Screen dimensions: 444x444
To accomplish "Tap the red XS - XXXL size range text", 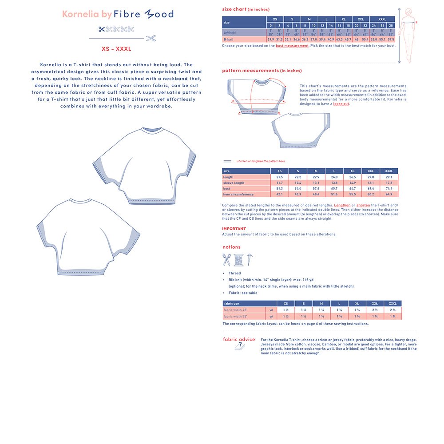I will tap(117, 49).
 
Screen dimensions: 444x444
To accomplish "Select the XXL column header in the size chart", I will tap(361, 20).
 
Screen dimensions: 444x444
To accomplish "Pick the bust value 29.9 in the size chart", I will tap(271, 40).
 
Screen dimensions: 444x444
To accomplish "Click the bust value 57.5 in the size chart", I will tap(391, 40).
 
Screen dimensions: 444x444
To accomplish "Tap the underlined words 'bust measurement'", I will tap(292, 46).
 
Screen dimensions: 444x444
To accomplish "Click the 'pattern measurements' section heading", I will tap(250, 71).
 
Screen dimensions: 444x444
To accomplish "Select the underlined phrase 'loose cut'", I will tap(341, 104).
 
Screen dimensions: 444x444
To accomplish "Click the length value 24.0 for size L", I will tap(334, 177).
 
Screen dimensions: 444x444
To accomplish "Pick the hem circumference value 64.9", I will tap(389, 194).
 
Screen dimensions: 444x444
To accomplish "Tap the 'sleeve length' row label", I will tap(234, 183).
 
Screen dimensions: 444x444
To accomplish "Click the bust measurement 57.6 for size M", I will tap(316, 189).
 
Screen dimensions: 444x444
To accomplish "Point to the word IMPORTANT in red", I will tap(234, 229).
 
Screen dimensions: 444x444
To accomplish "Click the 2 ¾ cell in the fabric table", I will tap(392, 310).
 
